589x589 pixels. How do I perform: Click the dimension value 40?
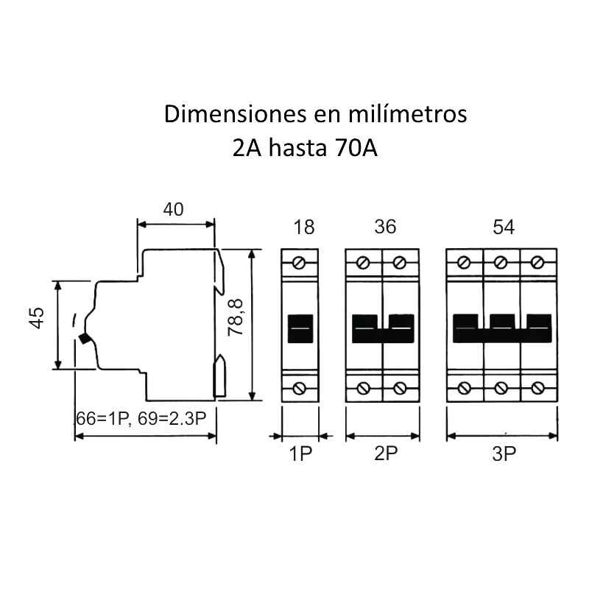tap(173, 209)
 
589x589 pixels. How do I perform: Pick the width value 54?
tap(503, 228)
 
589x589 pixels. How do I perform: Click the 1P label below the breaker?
tap(301, 454)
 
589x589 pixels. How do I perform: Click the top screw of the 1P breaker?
tap(300, 262)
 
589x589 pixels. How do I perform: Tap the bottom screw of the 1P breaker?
tap(300, 388)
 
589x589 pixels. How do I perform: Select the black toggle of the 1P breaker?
tap(300, 328)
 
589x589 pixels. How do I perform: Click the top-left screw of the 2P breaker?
tap(363, 262)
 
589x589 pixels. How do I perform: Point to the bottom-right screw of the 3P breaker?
tap(538, 388)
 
